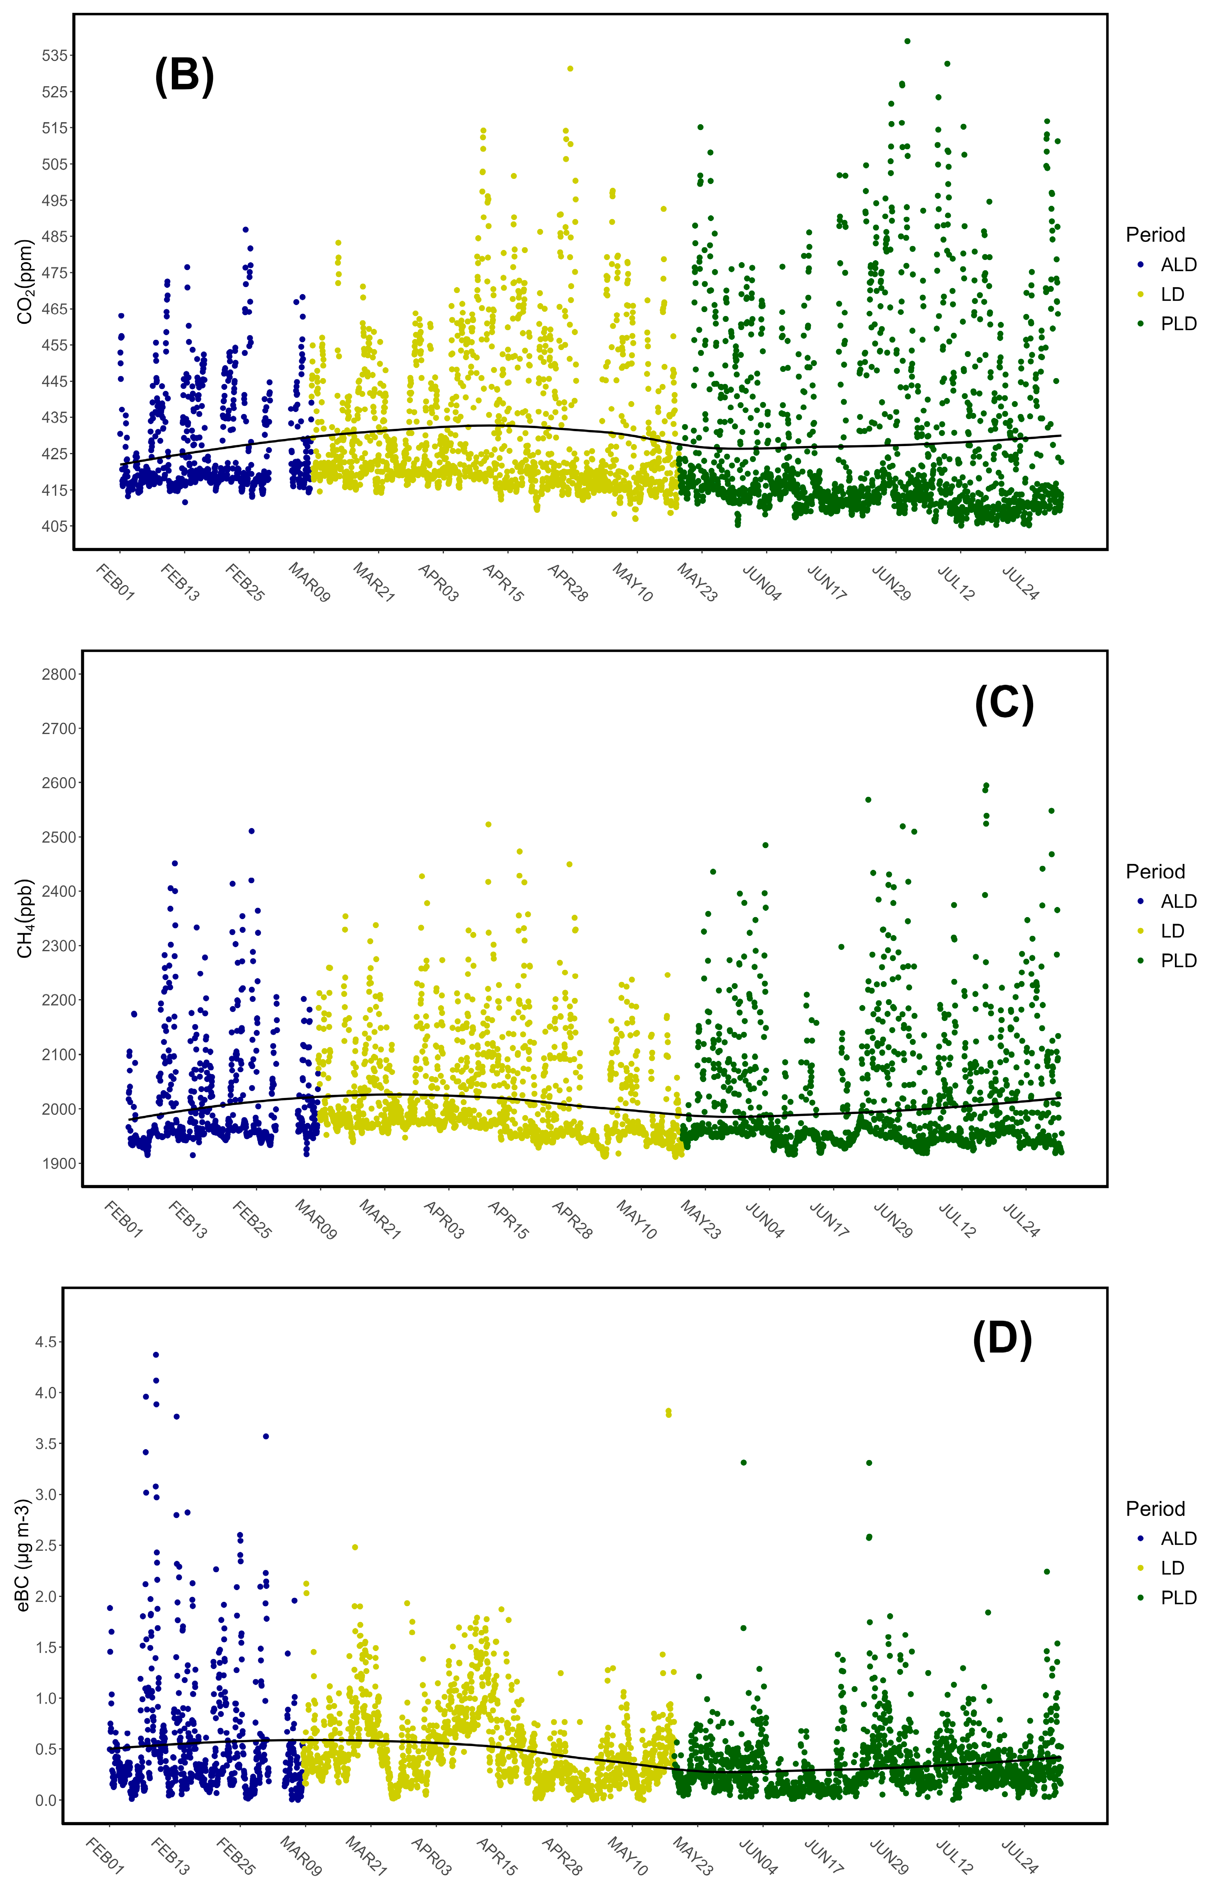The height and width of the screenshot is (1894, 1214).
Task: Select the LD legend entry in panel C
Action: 1172,931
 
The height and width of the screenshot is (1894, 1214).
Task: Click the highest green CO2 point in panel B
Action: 907,41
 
